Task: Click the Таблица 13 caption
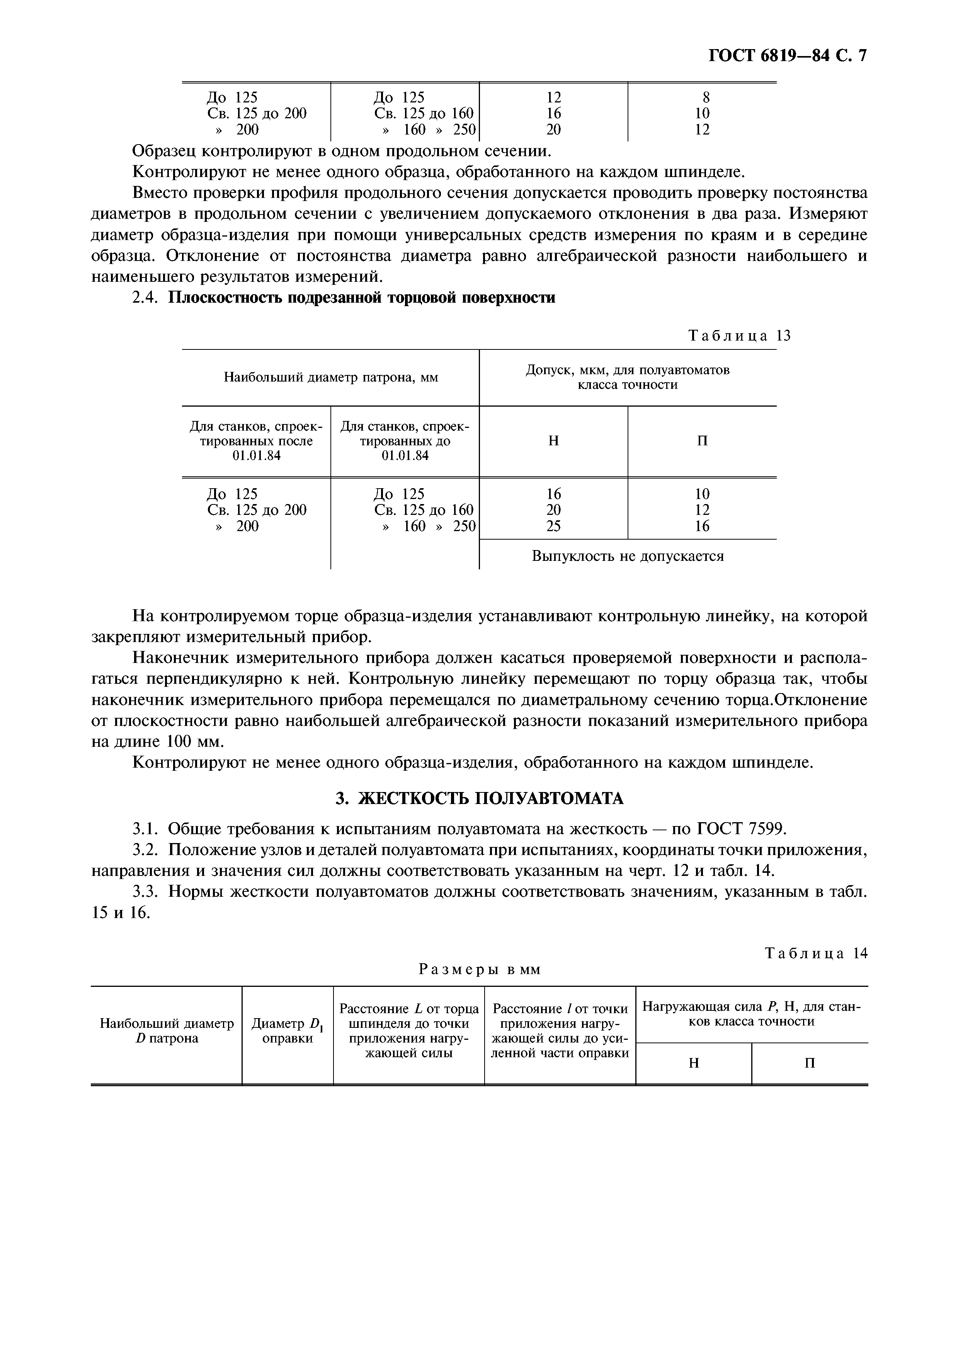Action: click(739, 336)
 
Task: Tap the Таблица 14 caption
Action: click(816, 953)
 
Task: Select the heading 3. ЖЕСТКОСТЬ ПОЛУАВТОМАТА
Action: click(479, 799)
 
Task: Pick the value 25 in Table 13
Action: click(553, 526)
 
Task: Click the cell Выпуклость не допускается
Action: click(628, 556)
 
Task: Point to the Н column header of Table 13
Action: click(553, 441)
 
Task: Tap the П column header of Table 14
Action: click(810, 1063)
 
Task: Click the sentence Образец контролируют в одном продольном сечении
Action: click(342, 151)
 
